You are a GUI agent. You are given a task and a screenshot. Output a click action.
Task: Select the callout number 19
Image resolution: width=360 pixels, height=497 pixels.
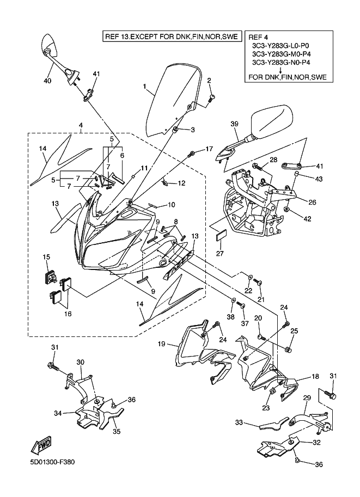click(x=162, y=343)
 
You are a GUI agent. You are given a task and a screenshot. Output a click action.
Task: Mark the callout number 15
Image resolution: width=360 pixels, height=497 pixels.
click(x=46, y=256)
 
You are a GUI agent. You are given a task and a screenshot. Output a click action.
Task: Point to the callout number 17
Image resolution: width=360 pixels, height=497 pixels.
click(x=209, y=149)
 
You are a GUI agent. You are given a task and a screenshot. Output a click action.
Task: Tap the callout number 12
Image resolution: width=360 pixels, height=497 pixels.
click(x=181, y=183)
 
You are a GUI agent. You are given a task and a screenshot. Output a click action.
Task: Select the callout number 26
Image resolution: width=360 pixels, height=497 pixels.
click(x=312, y=203)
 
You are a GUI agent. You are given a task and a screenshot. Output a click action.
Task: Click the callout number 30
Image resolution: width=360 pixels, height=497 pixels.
click(x=80, y=362)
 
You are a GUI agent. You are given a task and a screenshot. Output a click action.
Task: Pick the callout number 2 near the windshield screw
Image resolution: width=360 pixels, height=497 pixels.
click(x=209, y=81)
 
